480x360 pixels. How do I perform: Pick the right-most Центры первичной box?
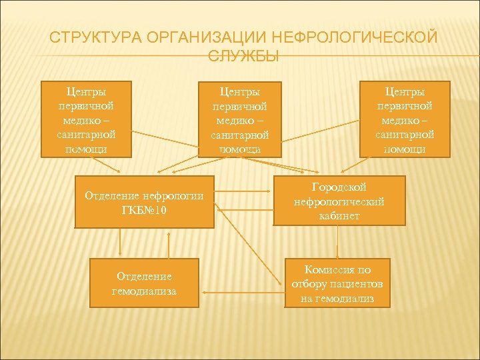(405, 119)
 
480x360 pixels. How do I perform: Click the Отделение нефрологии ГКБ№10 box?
(144, 202)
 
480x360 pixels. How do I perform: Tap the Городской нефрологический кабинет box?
(339, 201)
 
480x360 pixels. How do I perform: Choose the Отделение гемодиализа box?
(144, 283)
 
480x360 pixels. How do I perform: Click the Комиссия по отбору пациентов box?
(337, 283)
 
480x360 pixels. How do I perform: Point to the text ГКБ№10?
(144, 210)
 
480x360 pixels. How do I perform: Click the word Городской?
(339, 187)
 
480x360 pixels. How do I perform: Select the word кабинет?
(339, 216)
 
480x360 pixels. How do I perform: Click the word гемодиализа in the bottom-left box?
(144, 291)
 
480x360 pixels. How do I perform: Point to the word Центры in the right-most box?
(405, 91)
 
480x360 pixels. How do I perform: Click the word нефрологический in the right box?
(339, 201)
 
